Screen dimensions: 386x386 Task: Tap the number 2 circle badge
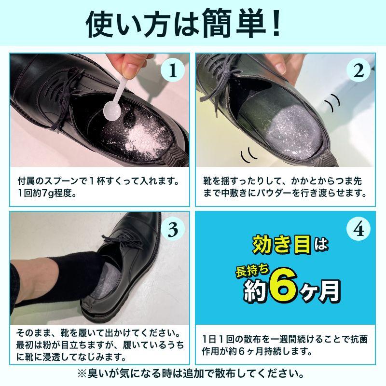coord(358,71)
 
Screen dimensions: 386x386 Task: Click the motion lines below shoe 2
coord(249,155)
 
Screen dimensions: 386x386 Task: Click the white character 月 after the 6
coord(328,290)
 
